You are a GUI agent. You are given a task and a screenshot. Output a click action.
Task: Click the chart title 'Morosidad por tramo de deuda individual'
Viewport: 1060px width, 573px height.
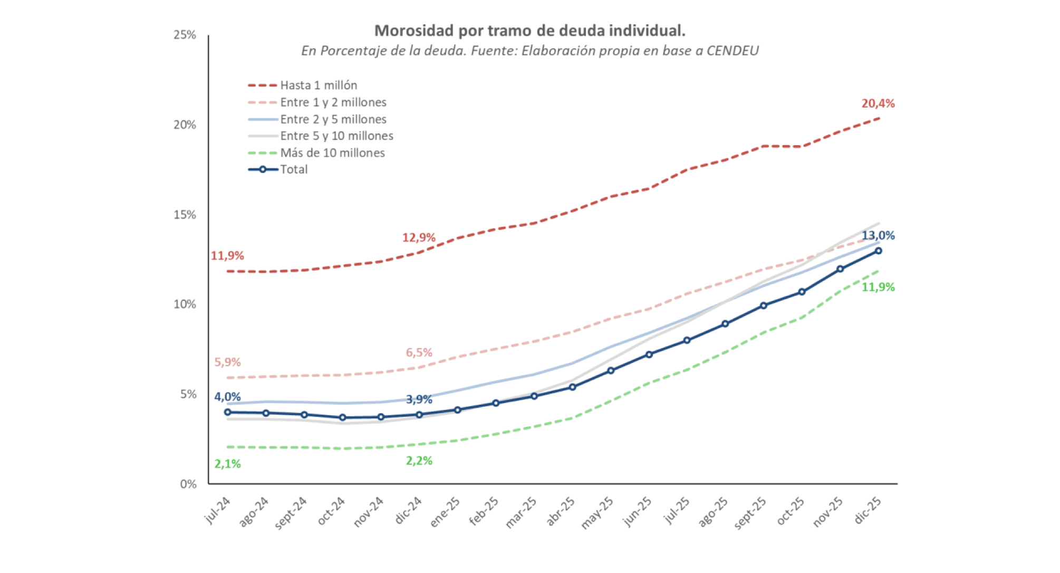tap(529, 31)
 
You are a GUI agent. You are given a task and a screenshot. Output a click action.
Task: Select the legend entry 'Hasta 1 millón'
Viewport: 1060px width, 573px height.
tap(318, 85)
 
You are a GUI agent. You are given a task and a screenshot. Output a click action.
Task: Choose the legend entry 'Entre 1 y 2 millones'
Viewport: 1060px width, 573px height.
tap(333, 102)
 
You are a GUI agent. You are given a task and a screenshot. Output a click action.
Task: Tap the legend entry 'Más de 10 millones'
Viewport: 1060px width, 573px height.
tap(332, 153)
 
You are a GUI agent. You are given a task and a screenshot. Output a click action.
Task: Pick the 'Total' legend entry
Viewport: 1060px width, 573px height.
tap(294, 169)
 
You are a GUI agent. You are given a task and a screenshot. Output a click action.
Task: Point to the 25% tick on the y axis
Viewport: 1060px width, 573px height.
tap(185, 35)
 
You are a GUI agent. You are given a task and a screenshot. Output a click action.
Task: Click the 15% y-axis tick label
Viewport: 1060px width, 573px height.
tap(185, 215)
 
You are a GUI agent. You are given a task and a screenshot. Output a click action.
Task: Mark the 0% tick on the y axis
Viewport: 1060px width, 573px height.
tap(188, 484)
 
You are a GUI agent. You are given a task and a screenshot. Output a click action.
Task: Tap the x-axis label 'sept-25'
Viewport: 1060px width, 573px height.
tap(750, 512)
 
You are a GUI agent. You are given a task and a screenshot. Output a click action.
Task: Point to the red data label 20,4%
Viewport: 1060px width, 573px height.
tap(878, 104)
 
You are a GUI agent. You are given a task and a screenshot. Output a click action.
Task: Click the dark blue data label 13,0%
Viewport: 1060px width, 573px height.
tap(878, 235)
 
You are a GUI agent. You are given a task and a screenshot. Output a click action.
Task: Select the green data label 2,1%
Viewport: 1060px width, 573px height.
tap(227, 464)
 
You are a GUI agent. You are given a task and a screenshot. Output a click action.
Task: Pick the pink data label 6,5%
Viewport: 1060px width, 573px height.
tap(419, 352)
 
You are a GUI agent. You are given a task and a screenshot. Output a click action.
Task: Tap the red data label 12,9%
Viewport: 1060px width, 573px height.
tap(419, 238)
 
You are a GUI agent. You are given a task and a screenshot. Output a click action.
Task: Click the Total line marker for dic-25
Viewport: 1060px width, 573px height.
tap(879, 251)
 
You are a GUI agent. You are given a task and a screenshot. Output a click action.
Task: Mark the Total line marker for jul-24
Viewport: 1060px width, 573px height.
tap(228, 413)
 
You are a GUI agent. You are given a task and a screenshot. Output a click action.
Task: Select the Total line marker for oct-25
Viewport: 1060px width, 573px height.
tap(802, 292)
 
